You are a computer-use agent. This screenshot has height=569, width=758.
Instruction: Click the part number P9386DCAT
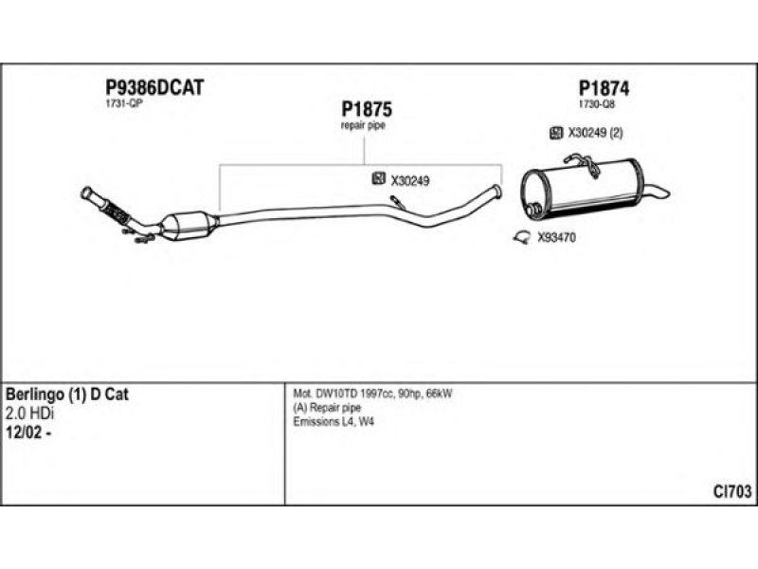click(153, 87)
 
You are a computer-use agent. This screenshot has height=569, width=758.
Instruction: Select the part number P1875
click(367, 109)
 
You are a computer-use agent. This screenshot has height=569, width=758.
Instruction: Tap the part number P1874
click(604, 87)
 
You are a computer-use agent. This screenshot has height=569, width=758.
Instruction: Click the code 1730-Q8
click(597, 104)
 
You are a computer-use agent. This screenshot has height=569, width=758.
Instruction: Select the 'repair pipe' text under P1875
click(364, 125)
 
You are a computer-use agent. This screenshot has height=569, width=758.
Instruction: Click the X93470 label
click(556, 238)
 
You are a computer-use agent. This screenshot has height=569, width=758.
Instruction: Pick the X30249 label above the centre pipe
click(410, 180)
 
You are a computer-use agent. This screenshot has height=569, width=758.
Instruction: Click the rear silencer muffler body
click(580, 190)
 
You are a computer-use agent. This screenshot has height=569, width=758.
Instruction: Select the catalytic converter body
click(189, 225)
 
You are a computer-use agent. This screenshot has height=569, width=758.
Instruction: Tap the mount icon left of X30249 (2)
click(556, 133)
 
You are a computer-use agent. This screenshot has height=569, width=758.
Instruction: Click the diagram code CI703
click(732, 491)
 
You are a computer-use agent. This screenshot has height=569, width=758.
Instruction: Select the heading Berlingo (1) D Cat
click(67, 395)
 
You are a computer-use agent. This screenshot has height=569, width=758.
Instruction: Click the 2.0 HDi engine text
click(29, 413)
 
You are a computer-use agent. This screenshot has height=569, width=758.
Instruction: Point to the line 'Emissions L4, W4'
click(334, 422)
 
